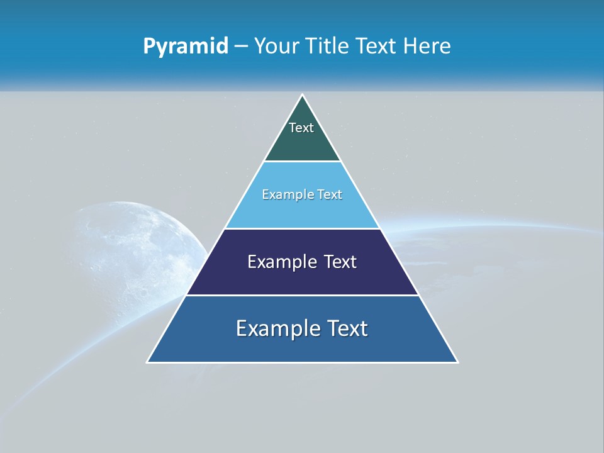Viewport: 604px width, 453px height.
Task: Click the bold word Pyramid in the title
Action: (185, 47)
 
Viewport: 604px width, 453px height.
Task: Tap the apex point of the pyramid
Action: (302, 95)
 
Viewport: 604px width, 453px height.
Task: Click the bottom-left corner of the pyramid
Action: (148, 362)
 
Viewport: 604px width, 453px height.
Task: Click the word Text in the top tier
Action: (301, 128)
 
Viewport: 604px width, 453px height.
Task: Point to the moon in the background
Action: (135, 252)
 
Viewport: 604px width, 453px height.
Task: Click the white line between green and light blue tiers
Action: (302, 162)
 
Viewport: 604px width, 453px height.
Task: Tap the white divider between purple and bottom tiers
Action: (302, 295)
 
